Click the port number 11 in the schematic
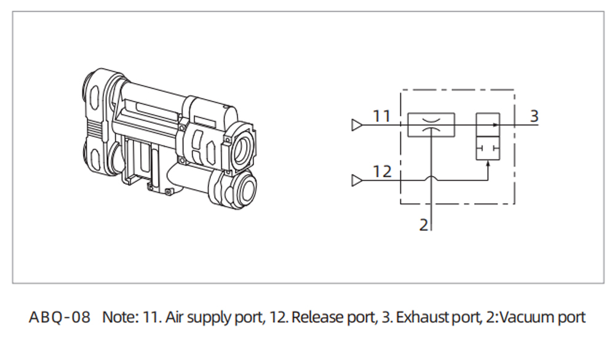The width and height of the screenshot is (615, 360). point(381,116)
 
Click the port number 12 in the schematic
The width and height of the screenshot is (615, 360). point(382,171)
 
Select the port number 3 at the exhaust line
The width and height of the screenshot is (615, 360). point(534,115)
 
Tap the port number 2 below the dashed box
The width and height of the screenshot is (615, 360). point(424,225)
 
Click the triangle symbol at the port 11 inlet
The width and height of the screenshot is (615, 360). point(356,125)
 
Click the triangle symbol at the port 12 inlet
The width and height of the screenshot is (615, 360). point(356,180)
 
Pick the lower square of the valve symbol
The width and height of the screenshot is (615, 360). point(488,148)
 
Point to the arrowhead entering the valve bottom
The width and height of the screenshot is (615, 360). point(488,163)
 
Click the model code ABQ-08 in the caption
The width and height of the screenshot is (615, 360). point(60,318)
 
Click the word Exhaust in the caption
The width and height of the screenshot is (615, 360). point(418,318)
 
